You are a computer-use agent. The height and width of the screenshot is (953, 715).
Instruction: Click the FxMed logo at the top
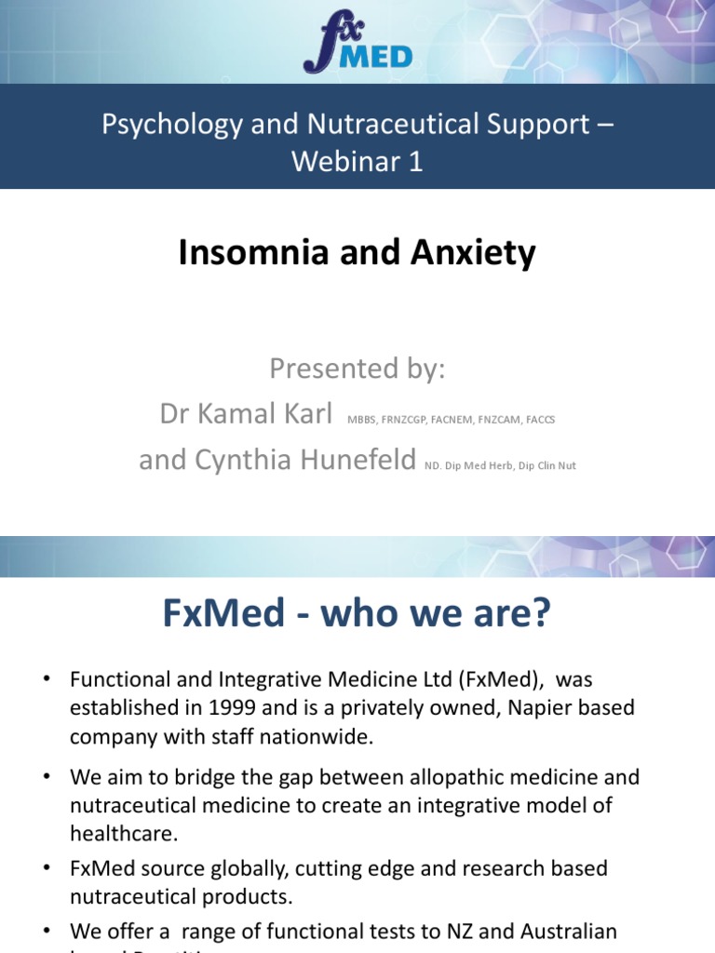pyautogui.click(x=357, y=47)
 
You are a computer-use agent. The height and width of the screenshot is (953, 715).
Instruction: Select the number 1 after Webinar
pyautogui.click(x=414, y=161)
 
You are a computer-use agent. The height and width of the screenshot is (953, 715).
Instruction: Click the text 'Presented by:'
pyautogui.click(x=357, y=369)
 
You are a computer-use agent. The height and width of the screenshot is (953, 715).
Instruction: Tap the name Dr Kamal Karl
pyautogui.click(x=246, y=414)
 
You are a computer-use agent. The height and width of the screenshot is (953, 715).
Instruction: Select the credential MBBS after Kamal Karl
pyautogui.click(x=361, y=420)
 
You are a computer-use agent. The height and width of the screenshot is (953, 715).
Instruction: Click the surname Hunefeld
pyautogui.click(x=344, y=459)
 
